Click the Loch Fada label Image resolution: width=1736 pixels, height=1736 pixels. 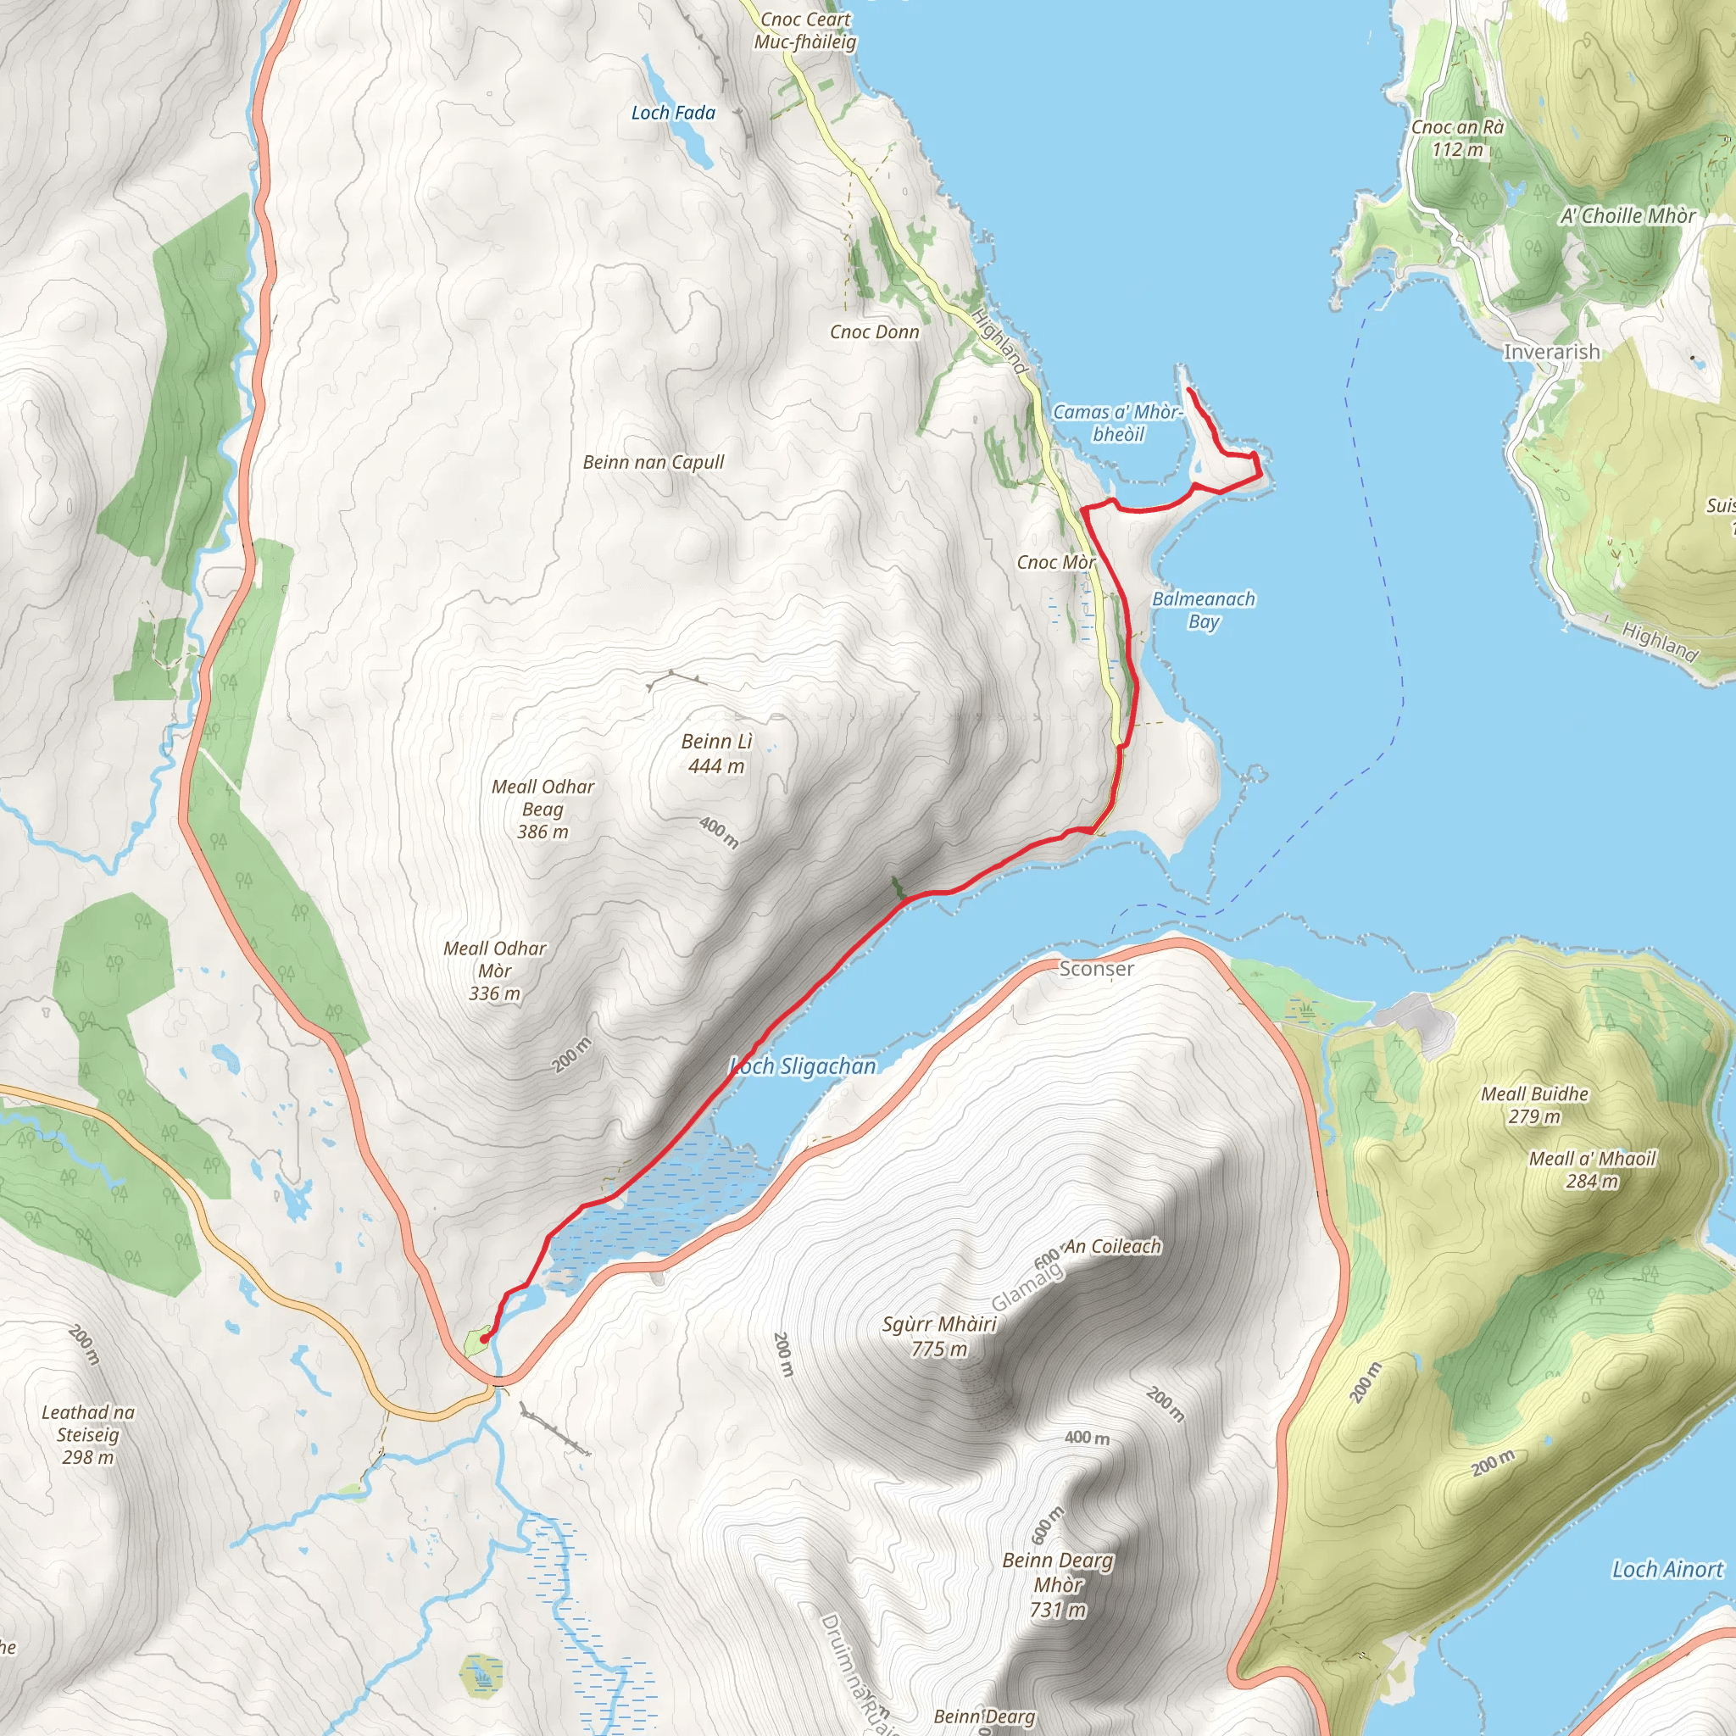(673, 114)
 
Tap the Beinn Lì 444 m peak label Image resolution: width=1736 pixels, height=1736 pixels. (716, 753)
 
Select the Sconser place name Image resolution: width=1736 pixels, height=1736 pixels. (1096, 969)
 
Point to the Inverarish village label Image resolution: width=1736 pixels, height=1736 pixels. (1552, 353)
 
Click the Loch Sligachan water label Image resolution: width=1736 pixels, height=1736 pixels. (803, 1066)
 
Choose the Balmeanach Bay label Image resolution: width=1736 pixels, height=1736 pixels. (1203, 610)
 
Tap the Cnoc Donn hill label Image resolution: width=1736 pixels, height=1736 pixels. (874, 332)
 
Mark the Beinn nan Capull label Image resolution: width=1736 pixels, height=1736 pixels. (654, 463)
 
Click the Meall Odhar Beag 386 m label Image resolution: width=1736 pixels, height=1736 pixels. (542, 809)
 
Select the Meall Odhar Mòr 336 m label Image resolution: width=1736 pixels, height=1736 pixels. (495, 971)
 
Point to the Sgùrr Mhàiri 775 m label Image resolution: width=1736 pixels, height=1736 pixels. (939, 1336)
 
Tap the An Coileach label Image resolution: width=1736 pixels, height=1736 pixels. (1112, 1246)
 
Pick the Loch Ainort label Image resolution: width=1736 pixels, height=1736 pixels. (1667, 1570)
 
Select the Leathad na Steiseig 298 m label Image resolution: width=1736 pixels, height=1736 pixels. (88, 1434)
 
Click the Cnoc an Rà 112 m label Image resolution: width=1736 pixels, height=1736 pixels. (1457, 138)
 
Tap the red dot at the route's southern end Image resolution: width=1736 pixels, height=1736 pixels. (485, 1338)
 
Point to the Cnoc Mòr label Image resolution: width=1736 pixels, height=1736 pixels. (1056, 563)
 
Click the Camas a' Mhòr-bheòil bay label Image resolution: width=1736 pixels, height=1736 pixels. (1118, 422)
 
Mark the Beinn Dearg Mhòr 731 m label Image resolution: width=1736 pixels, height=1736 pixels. (1058, 1585)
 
